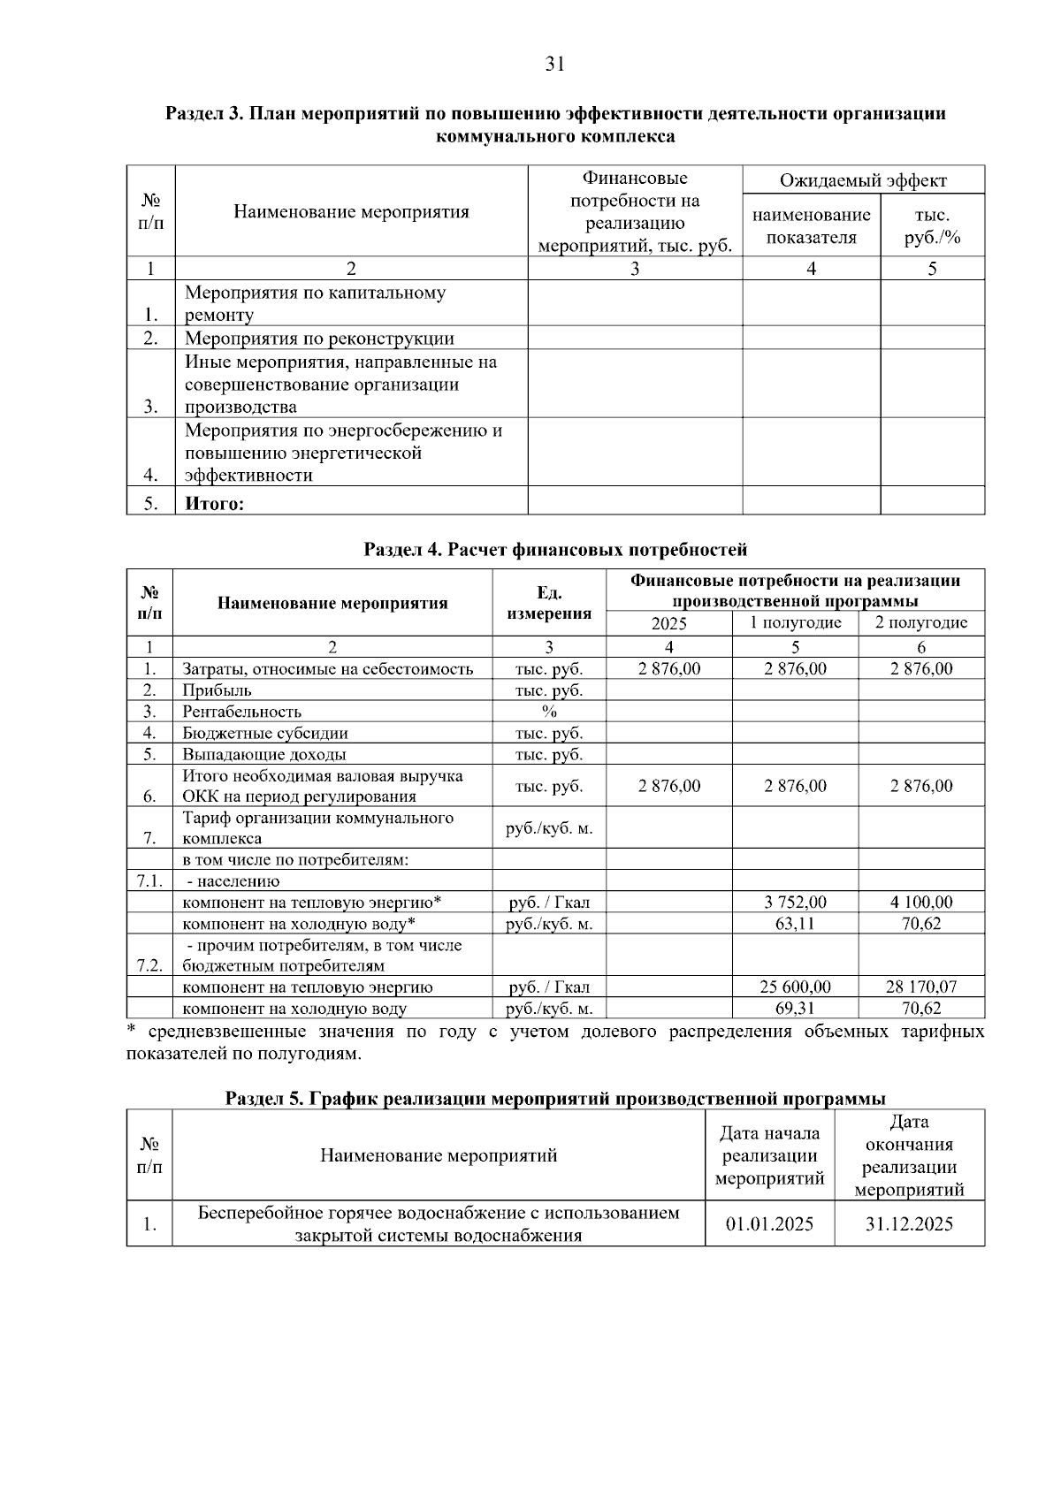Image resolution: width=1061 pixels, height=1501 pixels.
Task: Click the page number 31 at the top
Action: [555, 64]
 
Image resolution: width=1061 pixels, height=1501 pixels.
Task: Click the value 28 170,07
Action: [920, 987]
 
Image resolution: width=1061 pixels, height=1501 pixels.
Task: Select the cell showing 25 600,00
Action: [795, 987]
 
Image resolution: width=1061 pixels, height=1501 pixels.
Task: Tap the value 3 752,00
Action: [795, 902]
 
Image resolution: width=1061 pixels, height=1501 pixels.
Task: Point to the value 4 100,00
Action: [920, 902]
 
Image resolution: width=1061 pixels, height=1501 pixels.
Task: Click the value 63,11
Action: [795, 923]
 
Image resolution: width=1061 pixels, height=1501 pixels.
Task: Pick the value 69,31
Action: [795, 1008]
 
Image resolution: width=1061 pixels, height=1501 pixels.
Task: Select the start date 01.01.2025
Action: [769, 1223]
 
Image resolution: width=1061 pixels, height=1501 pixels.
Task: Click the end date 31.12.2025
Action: [909, 1223]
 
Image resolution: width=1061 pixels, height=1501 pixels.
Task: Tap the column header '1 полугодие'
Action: [795, 622]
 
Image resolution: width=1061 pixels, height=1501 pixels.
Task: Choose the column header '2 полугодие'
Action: [920, 622]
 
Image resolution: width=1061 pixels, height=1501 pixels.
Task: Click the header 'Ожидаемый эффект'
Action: [863, 180]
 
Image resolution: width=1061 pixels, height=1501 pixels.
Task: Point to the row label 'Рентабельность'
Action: [241, 712]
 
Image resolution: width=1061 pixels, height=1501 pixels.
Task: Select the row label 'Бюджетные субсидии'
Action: [264, 733]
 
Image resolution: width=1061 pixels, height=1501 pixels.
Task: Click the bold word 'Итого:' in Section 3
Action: [214, 504]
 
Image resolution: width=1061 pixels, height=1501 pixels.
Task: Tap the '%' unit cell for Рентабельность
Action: [549, 712]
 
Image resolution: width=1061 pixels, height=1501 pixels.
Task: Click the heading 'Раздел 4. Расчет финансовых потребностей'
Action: [555, 550]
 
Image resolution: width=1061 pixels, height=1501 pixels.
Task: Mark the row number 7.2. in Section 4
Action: [149, 965]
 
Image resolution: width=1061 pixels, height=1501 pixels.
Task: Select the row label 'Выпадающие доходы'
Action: [263, 754]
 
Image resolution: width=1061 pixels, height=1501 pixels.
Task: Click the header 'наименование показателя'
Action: [811, 226]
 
